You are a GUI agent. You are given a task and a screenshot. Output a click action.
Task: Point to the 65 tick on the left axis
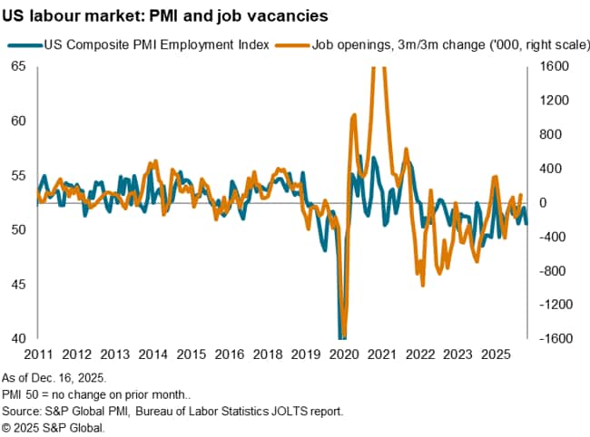click(x=17, y=66)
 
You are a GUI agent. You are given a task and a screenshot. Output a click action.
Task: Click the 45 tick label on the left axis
click(x=17, y=285)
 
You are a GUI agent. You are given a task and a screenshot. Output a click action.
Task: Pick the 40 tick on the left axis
click(x=17, y=339)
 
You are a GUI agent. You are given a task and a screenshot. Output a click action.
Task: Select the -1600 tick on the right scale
click(x=554, y=339)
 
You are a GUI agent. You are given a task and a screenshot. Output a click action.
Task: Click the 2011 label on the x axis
click(x=37, y=354)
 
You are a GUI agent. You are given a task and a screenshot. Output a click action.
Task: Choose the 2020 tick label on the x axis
click(x=345, y=354)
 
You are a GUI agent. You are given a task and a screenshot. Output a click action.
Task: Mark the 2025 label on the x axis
click(x=494, y=354)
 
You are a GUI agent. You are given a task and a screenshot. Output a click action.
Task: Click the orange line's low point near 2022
click(x=423, y=285)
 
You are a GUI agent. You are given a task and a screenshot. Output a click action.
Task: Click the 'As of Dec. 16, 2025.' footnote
click(x=54, y=376)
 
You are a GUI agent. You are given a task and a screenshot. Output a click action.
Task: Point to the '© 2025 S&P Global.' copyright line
click(x=54, y=427)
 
